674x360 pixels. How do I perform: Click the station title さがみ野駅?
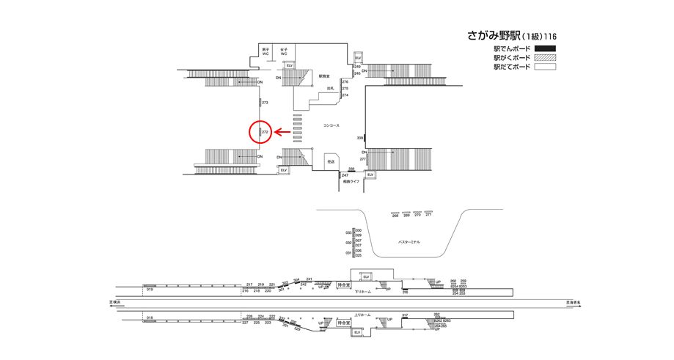pyautogui.click(x=493, y=36)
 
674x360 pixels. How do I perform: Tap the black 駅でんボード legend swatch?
pyautogui.click(x=545, y=49)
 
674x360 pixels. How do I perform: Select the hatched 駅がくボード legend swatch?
pyautogui.click(x=545, y=58)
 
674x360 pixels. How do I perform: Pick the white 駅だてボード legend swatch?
pyautogui.click(x=545, y=67)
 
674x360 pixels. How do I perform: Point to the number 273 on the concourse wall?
pyautogui.click(x=265, y=103)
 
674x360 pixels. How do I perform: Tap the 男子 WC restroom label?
pyautogui.click(x=265, y=52)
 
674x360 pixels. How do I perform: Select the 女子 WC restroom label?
pyautogui.click(x=284, y=52)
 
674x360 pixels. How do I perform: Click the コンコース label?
pyautogui.click(x=331, y=125)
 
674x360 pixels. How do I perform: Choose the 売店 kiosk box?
pyautogui.click(x=331, y=161)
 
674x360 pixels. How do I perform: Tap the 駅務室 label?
pyautogui.click(x=324, y=76)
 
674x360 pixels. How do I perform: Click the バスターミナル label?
pyautogui.click(x=409, y=242)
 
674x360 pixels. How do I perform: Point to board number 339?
pyautogui.click(x=360, y=138)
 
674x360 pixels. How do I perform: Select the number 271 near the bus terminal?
pyautogui.click(x=428, y=215)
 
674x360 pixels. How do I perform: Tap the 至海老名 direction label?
pyautogui.click(x=573, y=301)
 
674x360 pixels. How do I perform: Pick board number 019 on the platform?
pyautogui.click(x=149, y=290)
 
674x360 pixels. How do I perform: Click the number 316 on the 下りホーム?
pyautogui.click(x=404, y=292)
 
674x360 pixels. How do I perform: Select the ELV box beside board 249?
pyautogui.click(x=358, y=57)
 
